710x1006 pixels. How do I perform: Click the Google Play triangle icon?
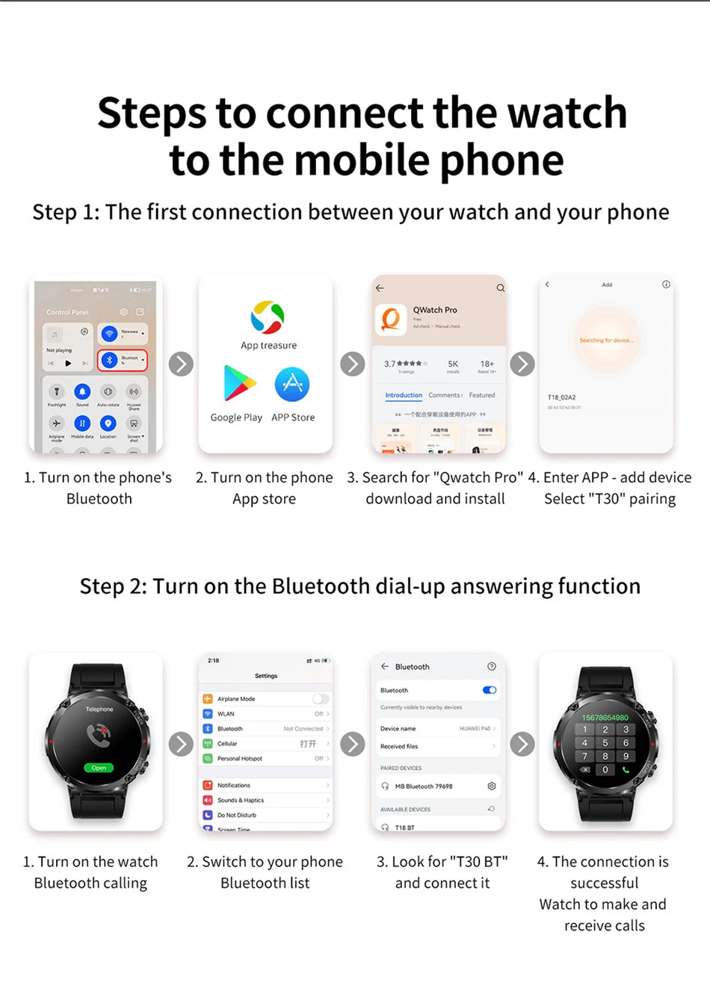tap(239, 384)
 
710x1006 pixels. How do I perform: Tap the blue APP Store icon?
tap(292, 384)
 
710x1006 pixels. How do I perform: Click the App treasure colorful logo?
tap(268, 317)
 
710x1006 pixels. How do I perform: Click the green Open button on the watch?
tap(99, 767)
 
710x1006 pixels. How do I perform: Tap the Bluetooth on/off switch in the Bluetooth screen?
tap(490, 690)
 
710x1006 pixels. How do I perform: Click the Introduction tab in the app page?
tap(404, 395)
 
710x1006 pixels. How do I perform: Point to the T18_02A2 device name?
tap(562, 397)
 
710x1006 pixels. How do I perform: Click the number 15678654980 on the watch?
tap(605, 717)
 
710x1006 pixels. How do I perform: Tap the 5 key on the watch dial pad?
tap(605, 743)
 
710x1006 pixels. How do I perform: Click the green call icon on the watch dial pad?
tap(626, 769)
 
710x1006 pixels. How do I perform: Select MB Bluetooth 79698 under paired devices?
tap(424, 786)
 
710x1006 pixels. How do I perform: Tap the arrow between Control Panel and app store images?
tap(181, 364)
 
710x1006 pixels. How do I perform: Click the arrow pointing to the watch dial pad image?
tap(522, 744)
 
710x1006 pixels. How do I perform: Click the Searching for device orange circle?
tap(606, 341)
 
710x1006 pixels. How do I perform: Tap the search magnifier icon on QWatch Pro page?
tap(500, 288)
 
